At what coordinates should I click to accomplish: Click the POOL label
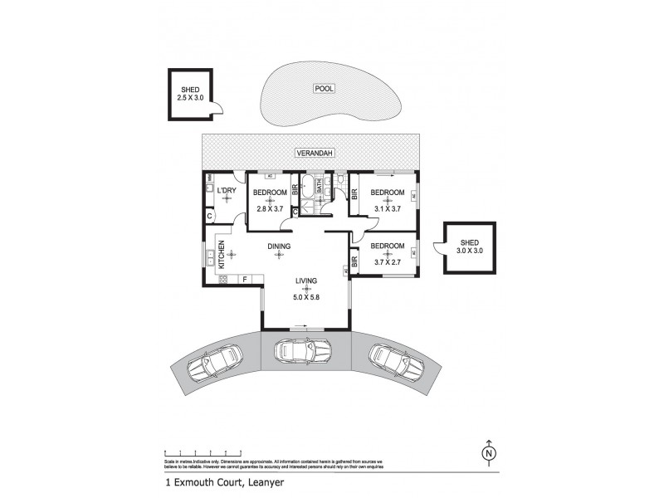[324, 88]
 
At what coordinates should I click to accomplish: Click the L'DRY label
[227, 193]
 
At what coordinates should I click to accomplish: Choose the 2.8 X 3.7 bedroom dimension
[269, 209]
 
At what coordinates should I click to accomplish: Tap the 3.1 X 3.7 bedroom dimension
[388, 209]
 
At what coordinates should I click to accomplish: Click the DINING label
[280, 246]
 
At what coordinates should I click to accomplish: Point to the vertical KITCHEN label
[222, 253]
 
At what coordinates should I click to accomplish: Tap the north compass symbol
[490, 452]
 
